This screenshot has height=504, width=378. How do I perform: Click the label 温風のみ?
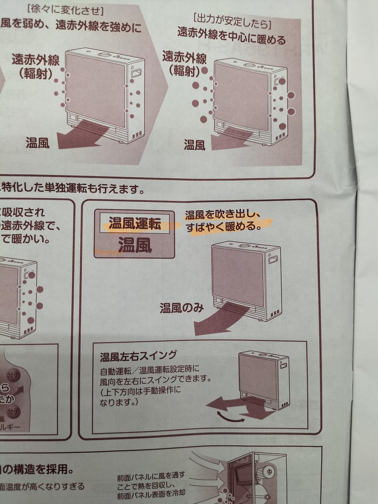tap(182, 308)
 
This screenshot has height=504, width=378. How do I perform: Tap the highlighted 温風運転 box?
tap(135, 224)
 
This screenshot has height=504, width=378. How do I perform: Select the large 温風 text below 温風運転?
tap(135, 246)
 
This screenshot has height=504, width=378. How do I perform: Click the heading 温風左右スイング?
tap(138, 356)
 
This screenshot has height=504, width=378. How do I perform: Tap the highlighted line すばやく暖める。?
tap(223, 227)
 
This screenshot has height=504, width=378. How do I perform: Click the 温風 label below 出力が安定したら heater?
tap(195, 145)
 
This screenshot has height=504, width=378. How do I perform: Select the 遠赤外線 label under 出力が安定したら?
tap(184, 59)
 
